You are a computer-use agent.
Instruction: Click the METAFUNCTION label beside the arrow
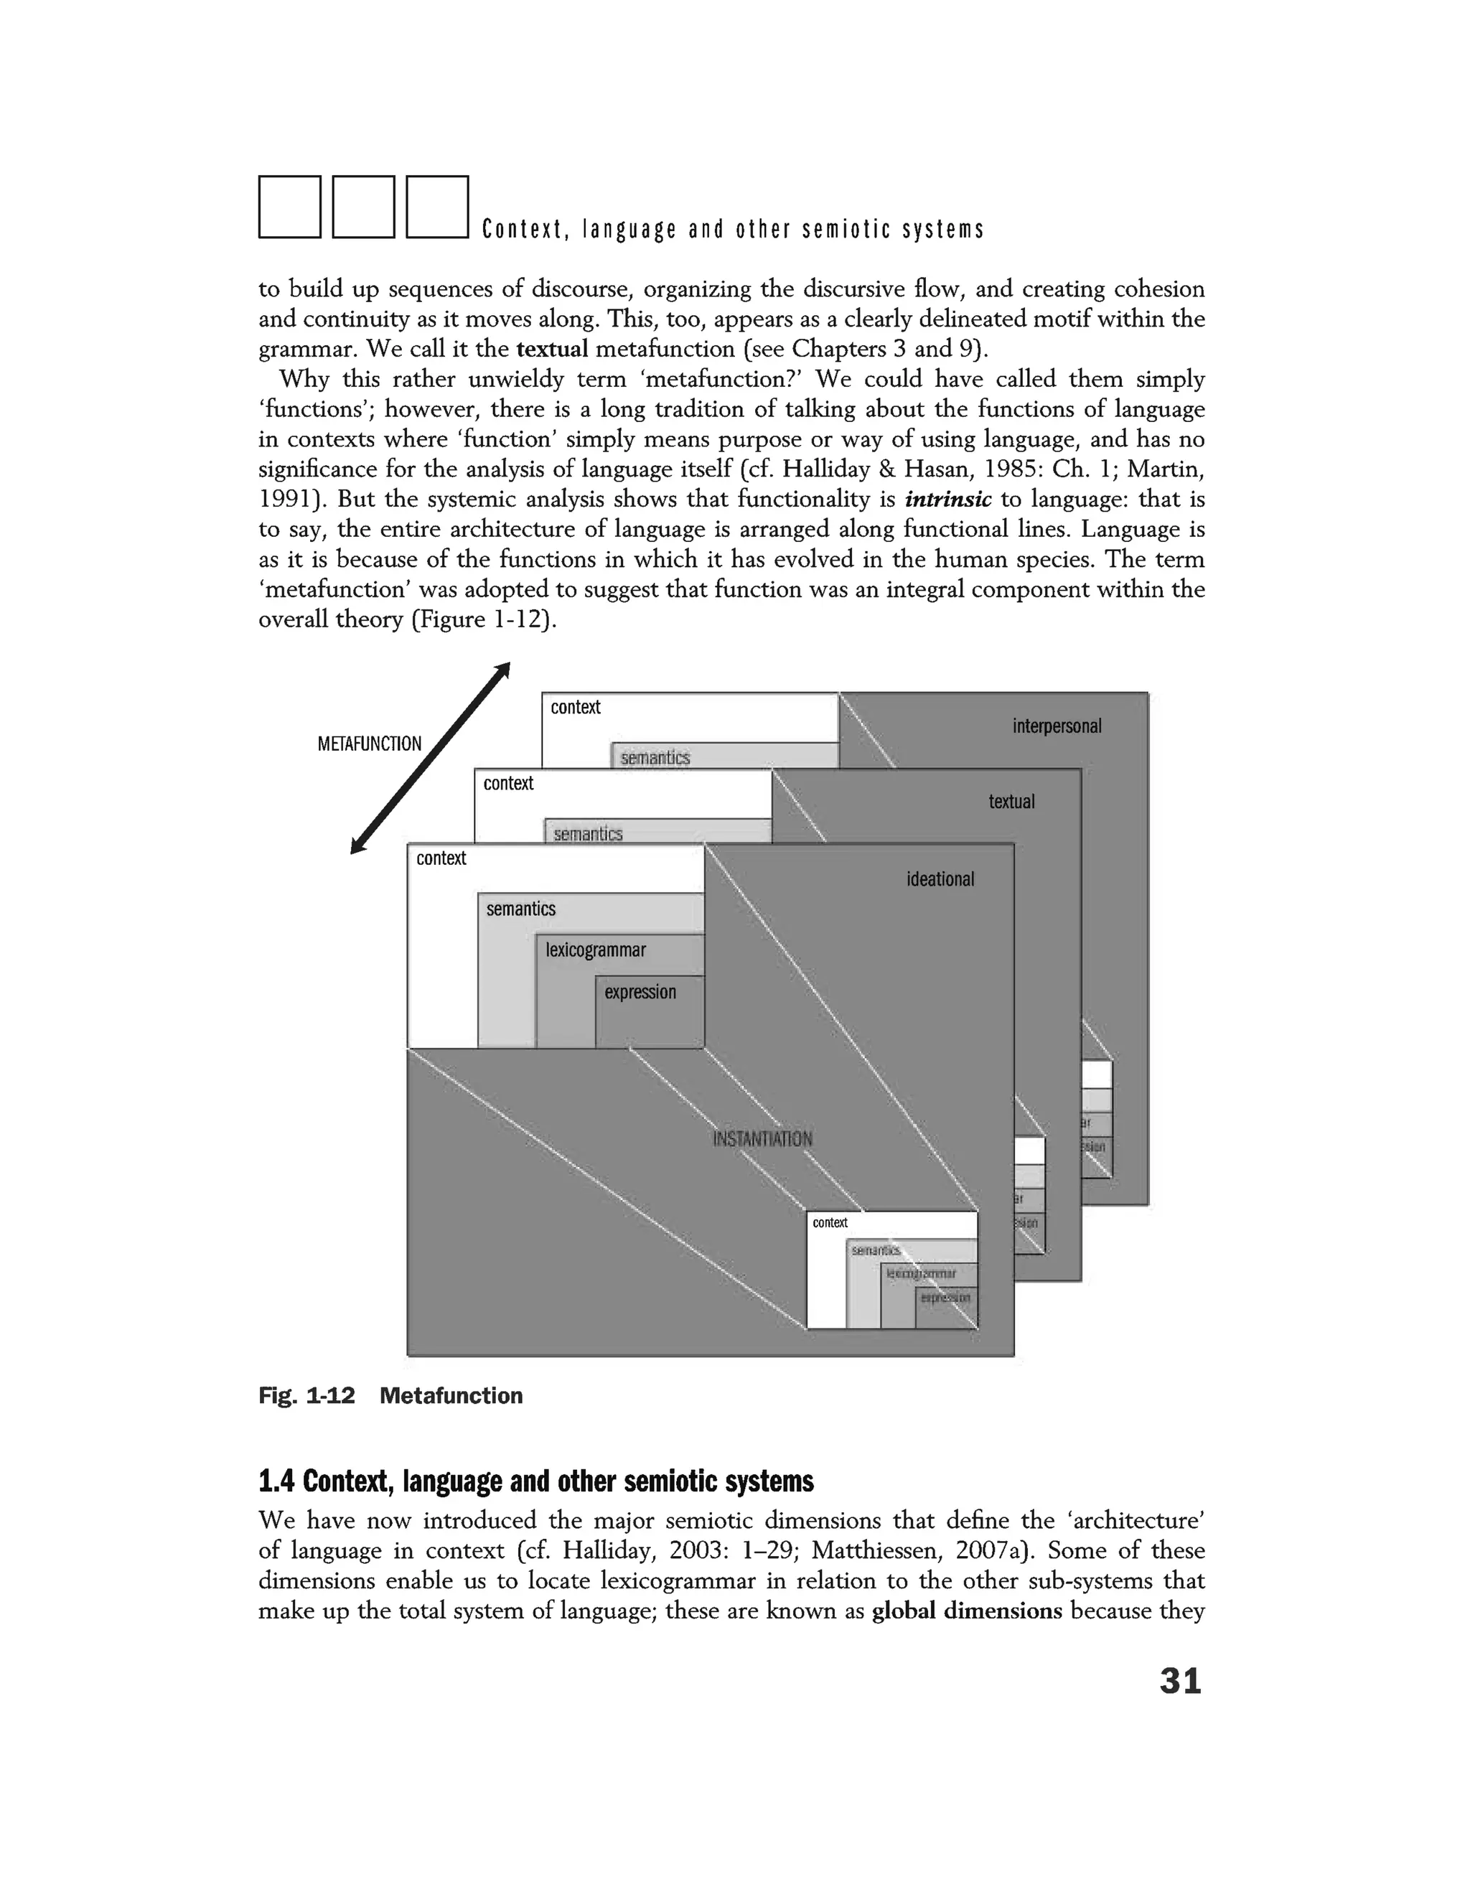pos(369,744)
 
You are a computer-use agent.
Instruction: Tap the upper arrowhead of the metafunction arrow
pos(502,670)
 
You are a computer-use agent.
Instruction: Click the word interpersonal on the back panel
pos(1057,726)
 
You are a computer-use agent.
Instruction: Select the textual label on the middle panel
pos(1011,801)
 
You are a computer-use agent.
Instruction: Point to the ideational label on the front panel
pos(940,879)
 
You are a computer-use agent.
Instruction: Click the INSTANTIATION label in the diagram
pos(762,1139)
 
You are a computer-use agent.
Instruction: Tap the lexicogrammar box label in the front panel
pos(596,950)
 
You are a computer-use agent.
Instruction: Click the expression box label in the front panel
pos(640,992)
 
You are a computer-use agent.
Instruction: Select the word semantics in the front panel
pos(521,909)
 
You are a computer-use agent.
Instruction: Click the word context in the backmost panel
pos(576,707)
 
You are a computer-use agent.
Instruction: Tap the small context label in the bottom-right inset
pos(830,1223)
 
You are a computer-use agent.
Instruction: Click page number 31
pos(1180,1681)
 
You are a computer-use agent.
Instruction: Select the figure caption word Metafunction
pos(451,1396)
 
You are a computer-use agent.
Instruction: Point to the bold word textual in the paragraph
pos(552,350)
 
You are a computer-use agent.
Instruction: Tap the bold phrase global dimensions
pos(967,1611)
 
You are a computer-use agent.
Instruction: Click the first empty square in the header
pos(290,207)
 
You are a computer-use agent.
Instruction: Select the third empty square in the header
pos(437,207)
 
